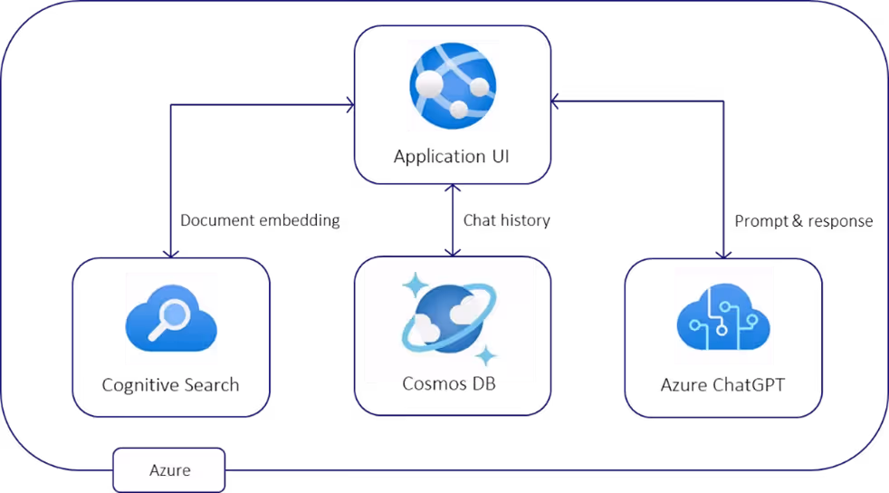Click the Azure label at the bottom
pyautogui.click(x=169, y=470)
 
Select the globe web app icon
pyautogui.click(x=453, y=85)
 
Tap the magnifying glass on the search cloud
pyautogui.click(x=175, y=314)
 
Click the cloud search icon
pyautogui.click(x=171, y=318)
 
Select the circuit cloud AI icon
pyautogui.click(x=722, y=315)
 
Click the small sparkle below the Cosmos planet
pyautogui.click(x=486, y=354)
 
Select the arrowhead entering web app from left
pyautogui.click(x=349, y=105)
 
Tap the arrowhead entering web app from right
pyautogui.click(x=555, y=101)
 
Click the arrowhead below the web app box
pyautogui.click(x=453, y=189)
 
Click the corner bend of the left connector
pyautogui.click(x=171, y=106)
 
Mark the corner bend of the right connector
pyautogui.click(x=723, y=101)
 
